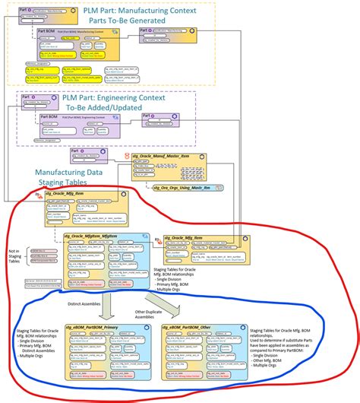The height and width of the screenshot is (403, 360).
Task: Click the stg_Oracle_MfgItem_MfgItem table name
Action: click(x=96, y=236)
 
